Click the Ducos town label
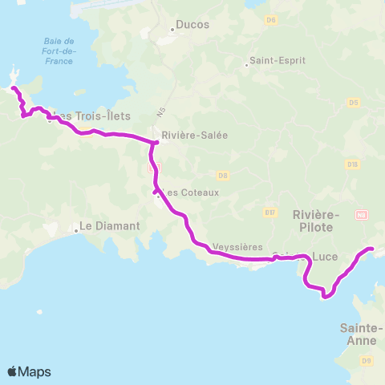click(x=192, y=25)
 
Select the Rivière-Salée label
click(x=194, y=135)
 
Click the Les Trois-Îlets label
click(x=94, y=116)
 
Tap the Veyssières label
click(x=237, y=246)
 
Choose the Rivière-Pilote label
click(x=317, y=221)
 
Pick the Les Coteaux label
click(x=189, y=192)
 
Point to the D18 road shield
click(x=352, y=164)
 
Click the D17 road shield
click(x=269, y=213)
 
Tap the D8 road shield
click(x=223, y=174)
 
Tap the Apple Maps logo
click(x=29, y=371)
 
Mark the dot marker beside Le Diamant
click(x=77, y=230)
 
